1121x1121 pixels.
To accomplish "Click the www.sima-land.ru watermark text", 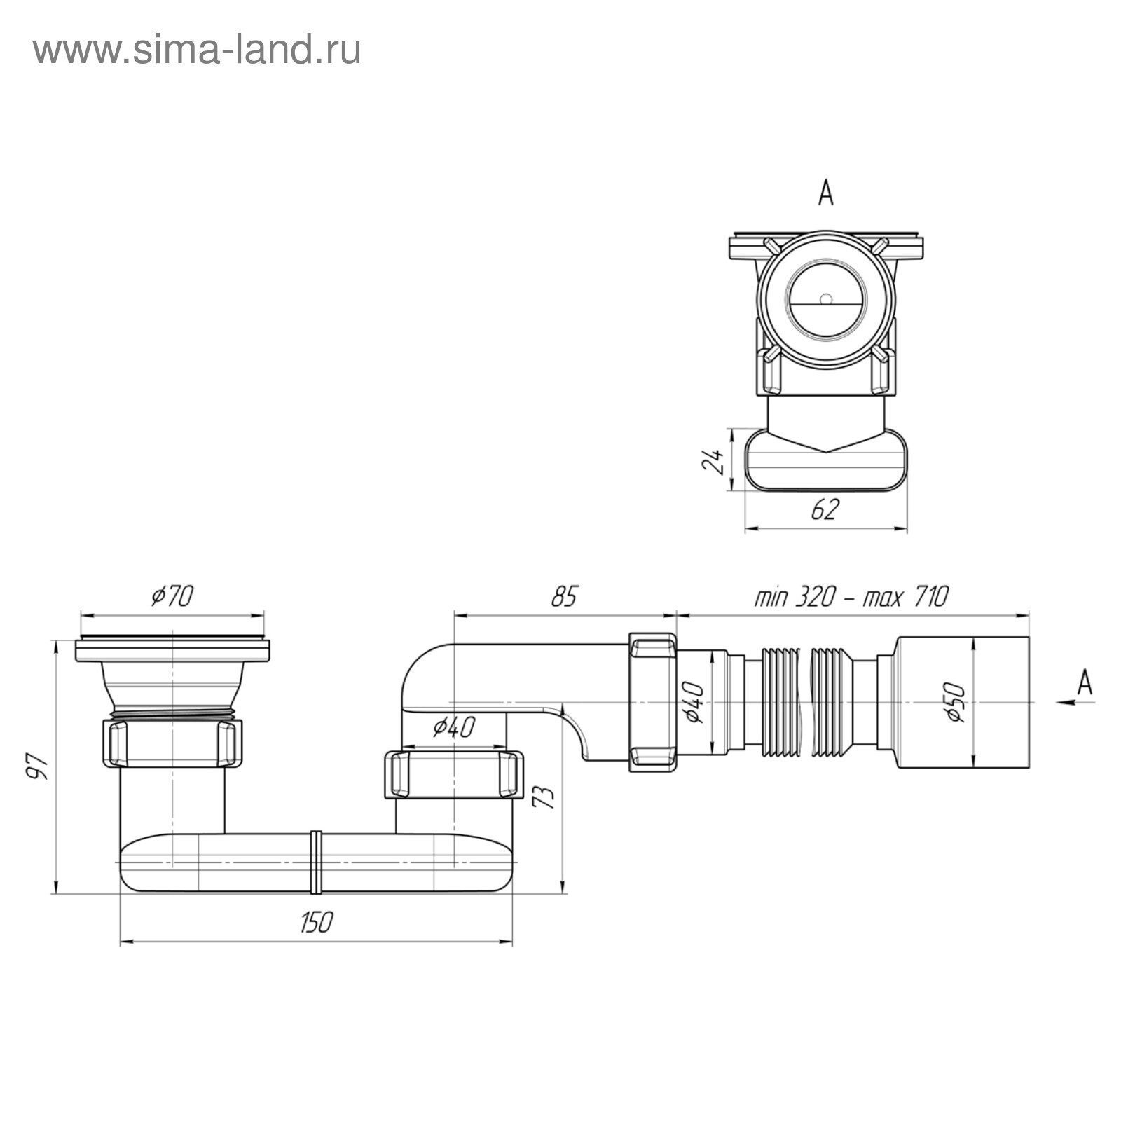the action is tap(197, 51).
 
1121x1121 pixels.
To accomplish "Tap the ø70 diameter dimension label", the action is tap(172, 596).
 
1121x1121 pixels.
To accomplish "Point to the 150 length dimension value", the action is tap(316, 922).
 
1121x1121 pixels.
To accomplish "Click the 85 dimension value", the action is tap(564, 596).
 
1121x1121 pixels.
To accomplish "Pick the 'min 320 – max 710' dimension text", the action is tap(851, 597).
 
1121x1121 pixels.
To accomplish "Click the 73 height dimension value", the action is tap(545, 797).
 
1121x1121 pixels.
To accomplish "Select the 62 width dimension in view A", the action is tap(825, 510).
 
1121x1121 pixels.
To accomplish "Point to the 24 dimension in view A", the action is tap(714, 462).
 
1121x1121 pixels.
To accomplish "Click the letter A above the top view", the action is tap(826, 193).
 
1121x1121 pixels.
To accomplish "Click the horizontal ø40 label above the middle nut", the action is tap(454, 727).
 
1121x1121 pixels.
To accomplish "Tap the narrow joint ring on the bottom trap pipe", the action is tap(315, 862).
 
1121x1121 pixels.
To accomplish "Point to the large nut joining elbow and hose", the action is tap(653, 703).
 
